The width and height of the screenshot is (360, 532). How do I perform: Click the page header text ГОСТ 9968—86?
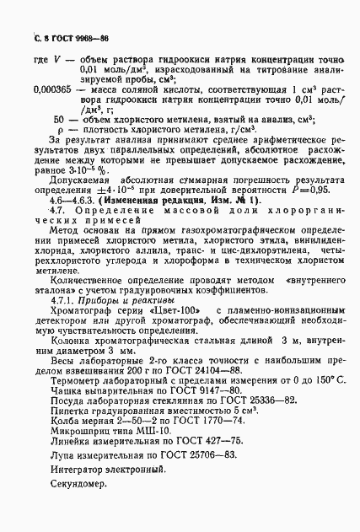[69, 39]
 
